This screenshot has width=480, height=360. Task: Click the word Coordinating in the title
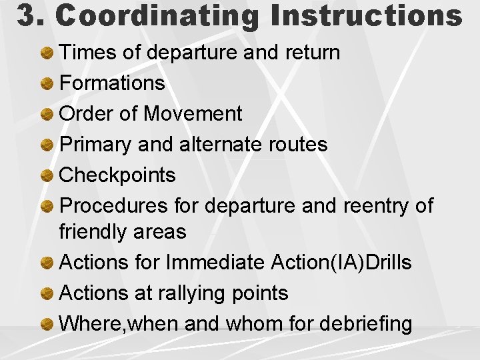pyautogui.click(x=157, y=16)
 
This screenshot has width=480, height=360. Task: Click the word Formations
pyautogui.click(x=112, y=83)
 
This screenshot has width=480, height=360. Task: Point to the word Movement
pyautogui.click(x=193, y=113)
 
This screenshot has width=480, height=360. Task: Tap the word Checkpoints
pyautogui.click(x=117, y=175)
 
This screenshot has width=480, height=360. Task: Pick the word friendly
pyautogui.click(x=94, y=231)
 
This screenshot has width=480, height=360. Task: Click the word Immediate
pyautogui.click(x=215, y=262)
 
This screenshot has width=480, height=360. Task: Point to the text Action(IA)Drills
pyautogui.click(x=341, y=262)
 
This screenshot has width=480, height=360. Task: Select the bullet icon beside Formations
pyautogui.click(x=47, y=83)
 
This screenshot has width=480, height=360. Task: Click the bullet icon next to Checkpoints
pyautogui.click(x=47, y=175)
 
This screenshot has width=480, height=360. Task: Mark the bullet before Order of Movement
pyautogui.click(x=47, y=114)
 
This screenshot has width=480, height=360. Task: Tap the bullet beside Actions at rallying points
pyautogui.click(x=47, y=293)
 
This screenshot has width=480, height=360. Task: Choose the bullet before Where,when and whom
pyautogui.click(x=47, y=324)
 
